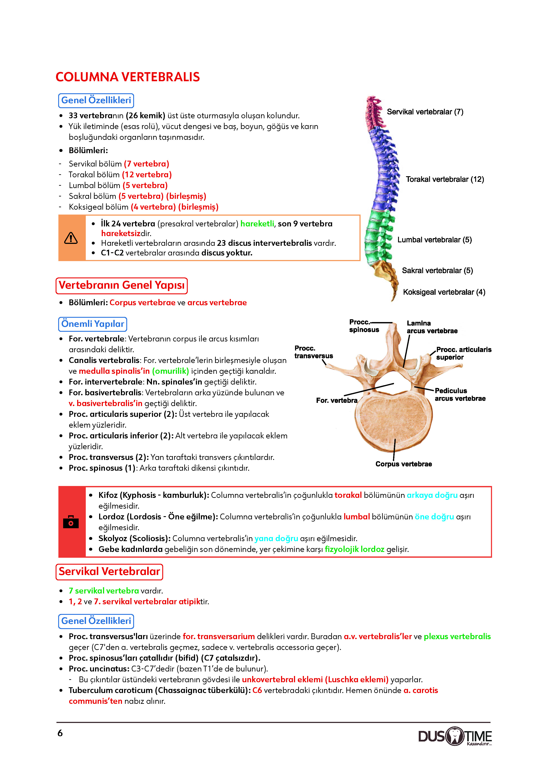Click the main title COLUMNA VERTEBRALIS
(x=128, y=77)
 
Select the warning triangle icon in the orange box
(x=71, y=238)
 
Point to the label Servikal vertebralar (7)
(x=425, y=112)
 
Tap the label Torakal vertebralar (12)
(x=445, y=179)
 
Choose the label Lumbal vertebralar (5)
(x=434, y=240)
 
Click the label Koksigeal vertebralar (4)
(x=444, y=292)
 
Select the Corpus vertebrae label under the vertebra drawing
(x=404, y=464)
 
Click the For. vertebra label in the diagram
(x=337, y=400)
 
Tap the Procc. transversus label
(x=314, y=352)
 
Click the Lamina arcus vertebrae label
(x=432, y=327)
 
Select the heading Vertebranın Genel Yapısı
(x=122, y=285)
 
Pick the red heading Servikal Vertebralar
(x=109, y=572)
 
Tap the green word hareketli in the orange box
(x=257, y=224)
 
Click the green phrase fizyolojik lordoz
(x=354, y=549)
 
